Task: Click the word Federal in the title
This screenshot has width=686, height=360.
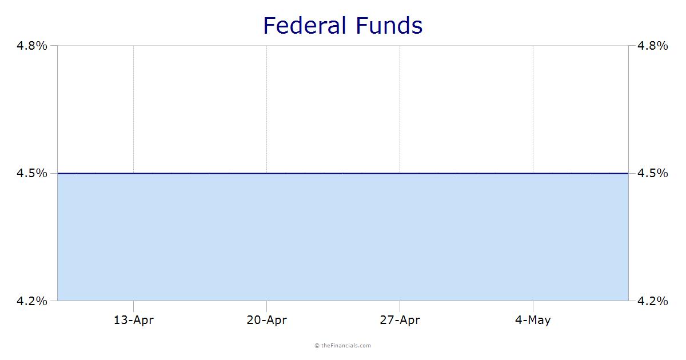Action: point(304,25)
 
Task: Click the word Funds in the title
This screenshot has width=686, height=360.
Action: point(389,25)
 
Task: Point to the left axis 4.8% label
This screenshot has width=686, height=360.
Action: point(32,46)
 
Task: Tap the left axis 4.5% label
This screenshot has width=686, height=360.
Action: point(32,174)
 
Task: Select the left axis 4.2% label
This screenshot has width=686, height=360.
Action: point(32,301)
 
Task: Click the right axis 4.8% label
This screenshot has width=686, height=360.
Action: point(653,46)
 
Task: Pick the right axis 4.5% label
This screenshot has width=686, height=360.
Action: point(653,174)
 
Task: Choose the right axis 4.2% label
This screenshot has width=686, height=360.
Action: point(653,301)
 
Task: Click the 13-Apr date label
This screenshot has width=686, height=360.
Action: point(134,320)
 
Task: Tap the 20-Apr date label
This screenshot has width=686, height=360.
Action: point(267,320)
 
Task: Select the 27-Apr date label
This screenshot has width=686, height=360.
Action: point(400,320)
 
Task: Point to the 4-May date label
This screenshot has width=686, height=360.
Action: point(533,320)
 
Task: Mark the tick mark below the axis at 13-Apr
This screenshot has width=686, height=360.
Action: point(134,306)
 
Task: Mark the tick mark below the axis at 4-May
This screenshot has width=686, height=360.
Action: point(533,306)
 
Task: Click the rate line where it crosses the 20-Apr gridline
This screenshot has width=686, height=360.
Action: point(267,174)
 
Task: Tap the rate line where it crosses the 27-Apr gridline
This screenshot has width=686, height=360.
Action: point(400,174)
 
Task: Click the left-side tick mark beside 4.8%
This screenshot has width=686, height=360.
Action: point(54,46)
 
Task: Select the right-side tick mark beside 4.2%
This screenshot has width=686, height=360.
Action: point(632,301)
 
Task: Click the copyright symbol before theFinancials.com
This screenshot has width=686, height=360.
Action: point(317,346)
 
